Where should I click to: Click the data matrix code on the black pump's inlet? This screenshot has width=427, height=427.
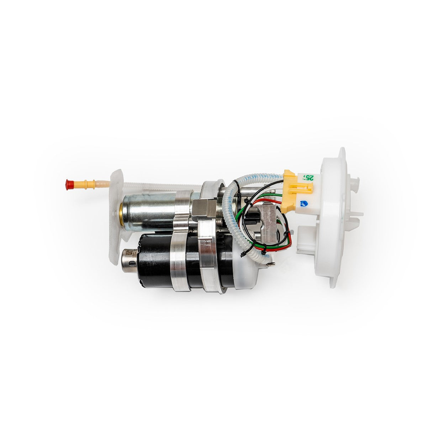(129, 253)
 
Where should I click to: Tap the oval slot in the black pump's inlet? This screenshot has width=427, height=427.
(132, 263)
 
